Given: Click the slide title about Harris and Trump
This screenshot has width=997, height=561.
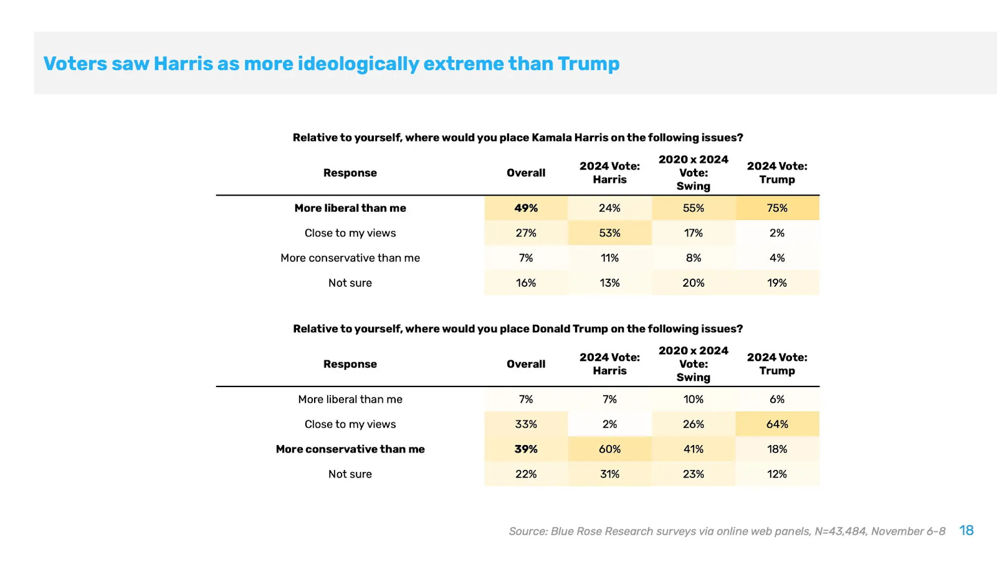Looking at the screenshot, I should point(332,64).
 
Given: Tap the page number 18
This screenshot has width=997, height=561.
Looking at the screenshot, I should point(966,530).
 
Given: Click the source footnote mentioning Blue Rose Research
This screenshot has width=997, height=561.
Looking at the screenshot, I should point(727,531).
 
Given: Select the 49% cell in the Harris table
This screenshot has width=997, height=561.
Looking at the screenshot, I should point(526,208).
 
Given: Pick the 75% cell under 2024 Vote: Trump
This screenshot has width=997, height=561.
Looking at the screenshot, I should point(777,208).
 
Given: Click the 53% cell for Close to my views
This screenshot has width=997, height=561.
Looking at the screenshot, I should point(609,233).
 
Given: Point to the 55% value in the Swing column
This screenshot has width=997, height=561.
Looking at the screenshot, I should point(693,208).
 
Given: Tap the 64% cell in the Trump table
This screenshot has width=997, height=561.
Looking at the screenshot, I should point(777,424).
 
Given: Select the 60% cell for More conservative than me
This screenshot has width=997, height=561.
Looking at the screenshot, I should point(609,449).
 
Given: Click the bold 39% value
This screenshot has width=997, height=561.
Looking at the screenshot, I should point(526,449).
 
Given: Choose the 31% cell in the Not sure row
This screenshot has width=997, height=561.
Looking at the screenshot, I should point(609,474).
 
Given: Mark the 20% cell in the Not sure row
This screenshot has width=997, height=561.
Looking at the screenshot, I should point(693,283).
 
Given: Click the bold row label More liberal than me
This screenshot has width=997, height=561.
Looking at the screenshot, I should point(350,208).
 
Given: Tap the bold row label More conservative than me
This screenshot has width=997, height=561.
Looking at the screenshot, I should point(350,449).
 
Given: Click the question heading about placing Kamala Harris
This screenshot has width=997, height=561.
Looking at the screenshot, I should point(518,138).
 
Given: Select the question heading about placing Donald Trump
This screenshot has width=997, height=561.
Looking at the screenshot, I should point(518,329).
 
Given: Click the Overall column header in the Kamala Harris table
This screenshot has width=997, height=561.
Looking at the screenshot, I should point(526,173).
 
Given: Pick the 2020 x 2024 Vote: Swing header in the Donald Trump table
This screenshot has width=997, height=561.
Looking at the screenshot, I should point(693,364).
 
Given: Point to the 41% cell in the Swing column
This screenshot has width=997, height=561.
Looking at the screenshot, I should point(693,449).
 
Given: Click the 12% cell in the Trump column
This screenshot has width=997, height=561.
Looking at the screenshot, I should point(777,474).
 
